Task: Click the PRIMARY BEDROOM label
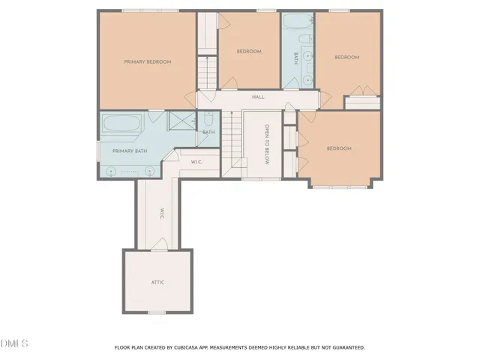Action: pos(148,61)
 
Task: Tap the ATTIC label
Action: pos(157,282)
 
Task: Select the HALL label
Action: pos(258,97)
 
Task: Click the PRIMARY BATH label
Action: pos(129,151)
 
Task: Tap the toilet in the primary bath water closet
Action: pos(208,120)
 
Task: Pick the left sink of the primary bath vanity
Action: pos(112,171)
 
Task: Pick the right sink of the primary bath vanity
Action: pos(148,171)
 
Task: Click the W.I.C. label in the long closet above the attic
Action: pos(161,212)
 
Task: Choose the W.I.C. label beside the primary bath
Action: pos(196,161)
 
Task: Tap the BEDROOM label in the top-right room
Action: pos(346,57)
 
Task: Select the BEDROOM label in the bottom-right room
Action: pos(338,148)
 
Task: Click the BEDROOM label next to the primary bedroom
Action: pos(248,51)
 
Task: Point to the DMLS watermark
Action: pos(14,343)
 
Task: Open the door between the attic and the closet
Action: pos(159,244)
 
